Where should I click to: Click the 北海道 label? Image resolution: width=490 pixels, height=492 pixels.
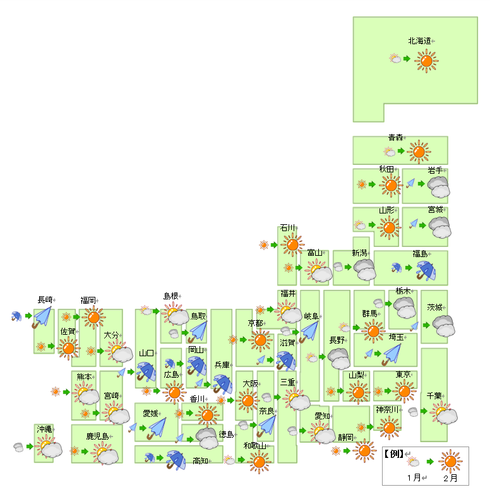[x=419, y=41]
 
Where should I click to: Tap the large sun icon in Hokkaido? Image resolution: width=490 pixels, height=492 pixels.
[x=426, y=61]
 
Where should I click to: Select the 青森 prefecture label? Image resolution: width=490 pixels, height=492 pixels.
[x=395, y=138]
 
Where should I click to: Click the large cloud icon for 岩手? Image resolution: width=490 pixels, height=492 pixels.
[x=439, y=187]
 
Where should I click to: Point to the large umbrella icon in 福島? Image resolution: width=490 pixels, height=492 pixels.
[x=426, y=271]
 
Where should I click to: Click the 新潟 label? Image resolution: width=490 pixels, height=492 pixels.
[x=359, y=253]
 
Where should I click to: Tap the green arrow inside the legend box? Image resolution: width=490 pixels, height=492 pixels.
[x=430, y=462]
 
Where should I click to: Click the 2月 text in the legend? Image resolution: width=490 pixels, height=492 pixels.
[x=450, y=478]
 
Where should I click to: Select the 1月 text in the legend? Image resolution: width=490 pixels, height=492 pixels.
[x=414, y=477]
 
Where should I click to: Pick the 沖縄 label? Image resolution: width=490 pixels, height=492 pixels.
[x=44, y=429]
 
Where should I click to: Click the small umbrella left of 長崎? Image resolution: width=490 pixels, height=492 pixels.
[x=16, y=316]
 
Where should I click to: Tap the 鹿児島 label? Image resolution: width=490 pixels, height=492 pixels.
[x=98, y=436]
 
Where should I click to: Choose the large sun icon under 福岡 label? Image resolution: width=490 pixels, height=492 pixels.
[x=93, y=318]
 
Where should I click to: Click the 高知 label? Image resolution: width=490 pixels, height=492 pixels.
[x=200, y=460]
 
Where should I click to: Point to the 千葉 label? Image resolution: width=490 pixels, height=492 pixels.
[x=434, y=396]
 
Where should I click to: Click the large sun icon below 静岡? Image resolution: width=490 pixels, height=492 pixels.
[x=364, y=451]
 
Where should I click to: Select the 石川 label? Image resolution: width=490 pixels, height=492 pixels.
[x=287, y=228]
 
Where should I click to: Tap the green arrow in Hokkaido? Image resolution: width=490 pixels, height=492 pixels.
[x=407, y=59]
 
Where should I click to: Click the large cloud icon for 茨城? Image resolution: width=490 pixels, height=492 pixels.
[x=443, y=327]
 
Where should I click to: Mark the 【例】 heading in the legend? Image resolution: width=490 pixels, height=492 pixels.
[x=394, y=453]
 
